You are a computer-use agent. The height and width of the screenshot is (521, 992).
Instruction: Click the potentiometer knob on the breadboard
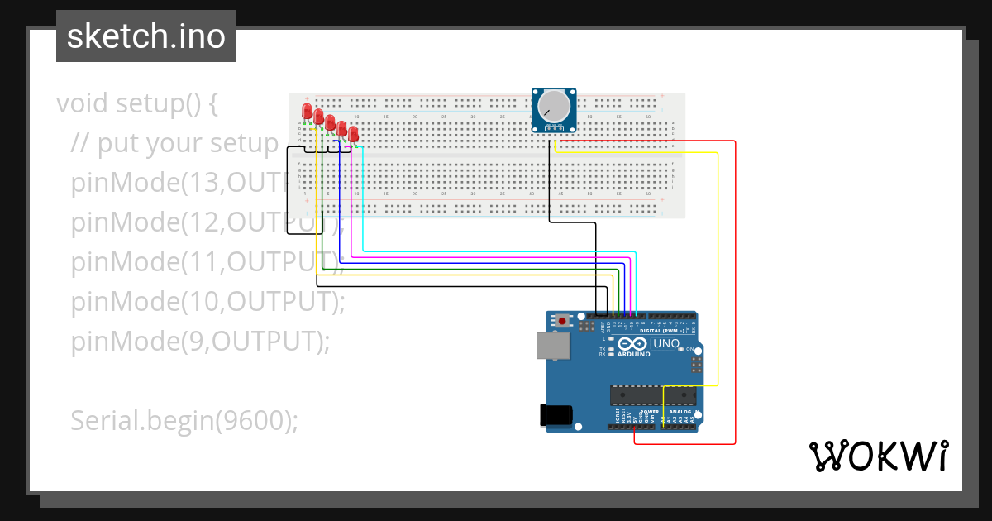553,108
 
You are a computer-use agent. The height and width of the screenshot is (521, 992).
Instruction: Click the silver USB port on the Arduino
553,346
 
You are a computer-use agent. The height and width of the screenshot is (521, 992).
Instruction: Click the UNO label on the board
665,343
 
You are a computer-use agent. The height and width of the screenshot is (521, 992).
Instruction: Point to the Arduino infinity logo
632,343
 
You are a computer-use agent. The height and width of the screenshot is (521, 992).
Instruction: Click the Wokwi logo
877,456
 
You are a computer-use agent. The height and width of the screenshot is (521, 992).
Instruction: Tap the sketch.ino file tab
146,36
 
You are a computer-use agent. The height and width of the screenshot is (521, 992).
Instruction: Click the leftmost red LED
307,112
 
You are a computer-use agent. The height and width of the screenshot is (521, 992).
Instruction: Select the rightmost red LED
354,133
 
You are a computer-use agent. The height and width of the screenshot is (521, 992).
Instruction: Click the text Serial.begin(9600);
184,421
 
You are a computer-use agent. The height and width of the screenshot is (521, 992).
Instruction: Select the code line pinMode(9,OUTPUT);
200,341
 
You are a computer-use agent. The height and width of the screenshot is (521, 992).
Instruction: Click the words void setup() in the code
136,104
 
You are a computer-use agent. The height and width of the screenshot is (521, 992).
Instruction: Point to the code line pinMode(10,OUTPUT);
207,301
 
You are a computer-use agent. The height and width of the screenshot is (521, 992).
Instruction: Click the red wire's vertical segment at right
735,289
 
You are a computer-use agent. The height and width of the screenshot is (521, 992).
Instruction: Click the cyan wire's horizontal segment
496,251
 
